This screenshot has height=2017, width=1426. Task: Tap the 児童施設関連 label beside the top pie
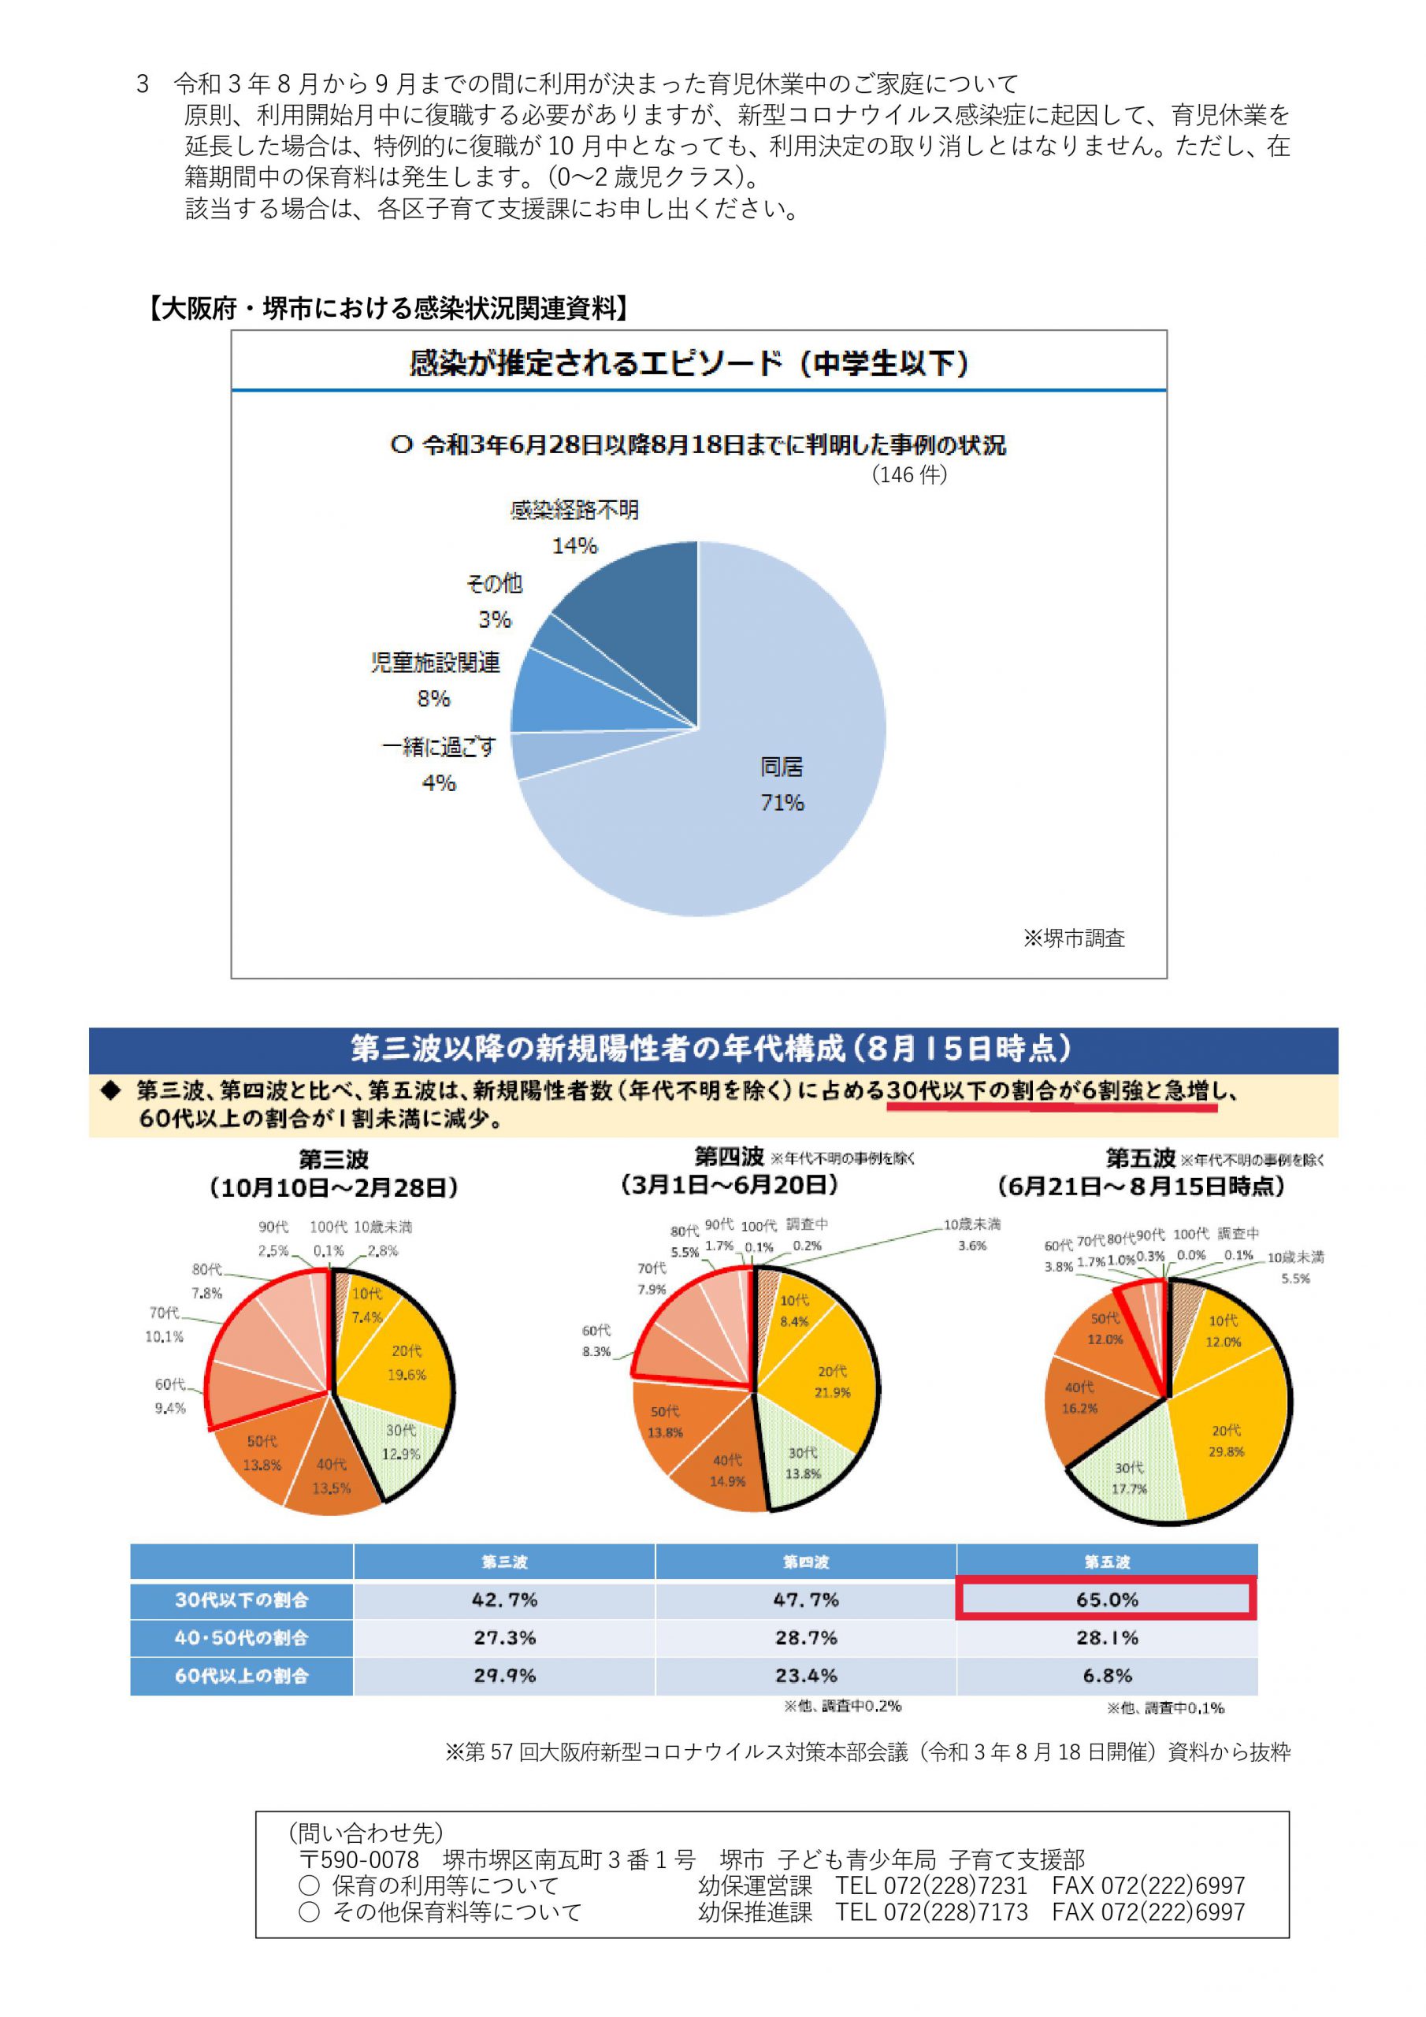(436, 663)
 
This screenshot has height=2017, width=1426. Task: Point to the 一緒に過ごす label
(438, 748)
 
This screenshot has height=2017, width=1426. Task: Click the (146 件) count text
(909, 474)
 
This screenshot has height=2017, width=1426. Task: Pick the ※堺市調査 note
(1074, 938)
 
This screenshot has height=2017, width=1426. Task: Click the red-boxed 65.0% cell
(1106, 1599)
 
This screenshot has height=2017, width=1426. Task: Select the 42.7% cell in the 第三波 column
(504, 1599)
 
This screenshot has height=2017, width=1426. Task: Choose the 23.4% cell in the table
(806, 1675)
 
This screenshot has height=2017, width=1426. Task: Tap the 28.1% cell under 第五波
(1106, 1637)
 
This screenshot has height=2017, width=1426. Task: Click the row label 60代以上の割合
(242, 1675)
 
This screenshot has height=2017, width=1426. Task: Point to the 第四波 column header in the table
(806, 1562)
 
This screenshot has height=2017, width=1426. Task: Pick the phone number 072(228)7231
(931, 1885)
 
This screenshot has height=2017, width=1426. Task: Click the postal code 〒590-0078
(359, 1859)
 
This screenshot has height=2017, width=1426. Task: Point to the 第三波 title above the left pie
(333, 1159)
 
